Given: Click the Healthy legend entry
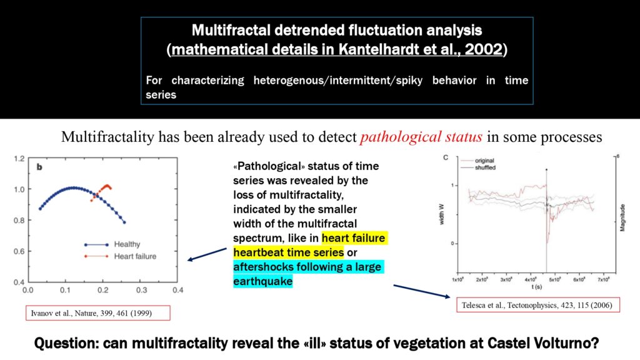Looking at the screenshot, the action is point(112,244).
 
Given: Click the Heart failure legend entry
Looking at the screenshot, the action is point(121,256).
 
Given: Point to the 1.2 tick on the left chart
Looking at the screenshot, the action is point(19,158).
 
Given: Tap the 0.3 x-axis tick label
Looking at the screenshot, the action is point(141,290).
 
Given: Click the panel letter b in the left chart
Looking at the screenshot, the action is point(39,167).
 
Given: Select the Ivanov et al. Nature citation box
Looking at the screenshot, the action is point(98,313).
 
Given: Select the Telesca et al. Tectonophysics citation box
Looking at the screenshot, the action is point(538,305).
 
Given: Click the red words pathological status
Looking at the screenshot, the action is point(421,137).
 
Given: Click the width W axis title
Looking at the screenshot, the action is point(441,214).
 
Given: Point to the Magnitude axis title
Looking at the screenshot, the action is point(622,217).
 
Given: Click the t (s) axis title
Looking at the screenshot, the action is point(536,287).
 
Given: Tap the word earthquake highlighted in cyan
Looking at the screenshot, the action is point(263,281).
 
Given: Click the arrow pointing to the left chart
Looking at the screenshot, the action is point(207,254).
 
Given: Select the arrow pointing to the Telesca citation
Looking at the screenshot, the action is point(422,291).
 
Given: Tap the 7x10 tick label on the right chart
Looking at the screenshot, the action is point(603,279).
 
